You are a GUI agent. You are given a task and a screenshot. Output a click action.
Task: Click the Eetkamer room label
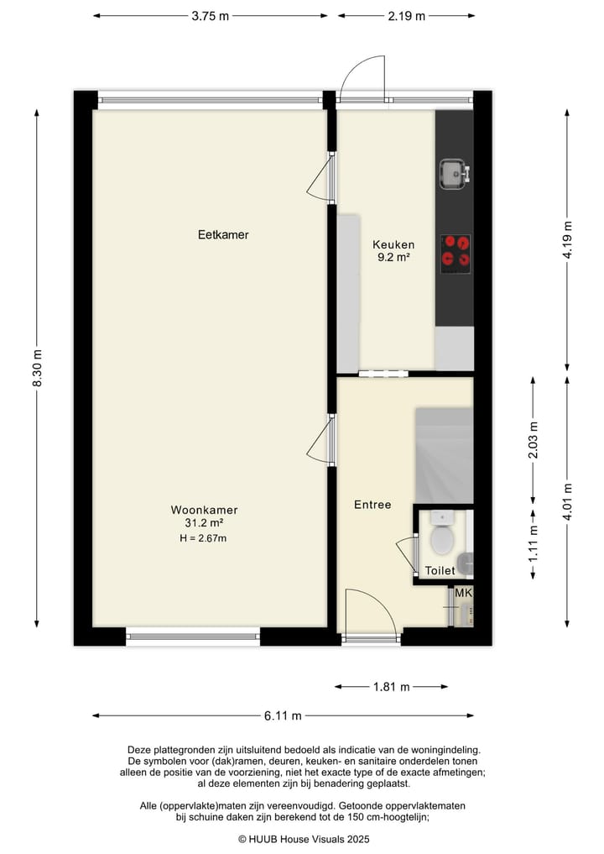(223, 235)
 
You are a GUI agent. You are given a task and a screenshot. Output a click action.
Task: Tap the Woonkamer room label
(204, 510)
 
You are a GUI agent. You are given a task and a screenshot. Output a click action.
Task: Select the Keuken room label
(393, 245)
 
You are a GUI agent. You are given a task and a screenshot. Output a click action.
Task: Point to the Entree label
(372, 505)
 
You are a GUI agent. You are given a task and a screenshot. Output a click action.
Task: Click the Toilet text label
(440, 571)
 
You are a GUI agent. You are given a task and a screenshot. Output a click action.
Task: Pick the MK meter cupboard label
(463, 594)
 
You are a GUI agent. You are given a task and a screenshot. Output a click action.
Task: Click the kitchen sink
(454, 174)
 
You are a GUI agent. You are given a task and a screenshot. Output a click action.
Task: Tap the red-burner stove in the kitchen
(456, 249)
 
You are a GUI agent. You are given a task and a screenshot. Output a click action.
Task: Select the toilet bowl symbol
(442, 538)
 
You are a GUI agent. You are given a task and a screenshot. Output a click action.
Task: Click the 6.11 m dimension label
(283, 716)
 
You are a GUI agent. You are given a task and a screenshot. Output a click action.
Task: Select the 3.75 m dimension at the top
(210, 15)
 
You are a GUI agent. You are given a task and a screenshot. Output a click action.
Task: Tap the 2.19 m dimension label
(406, 15)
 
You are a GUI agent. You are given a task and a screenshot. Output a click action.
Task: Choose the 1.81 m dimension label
(391, 687)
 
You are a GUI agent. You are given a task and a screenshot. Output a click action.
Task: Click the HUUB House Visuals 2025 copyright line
(303, 838)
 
